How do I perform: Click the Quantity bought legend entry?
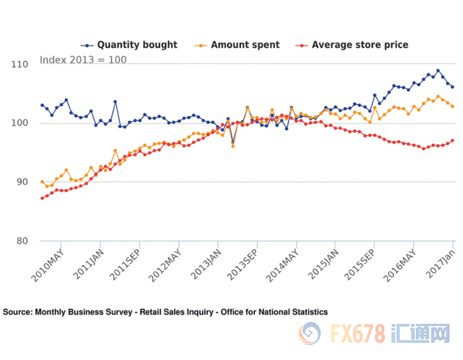pyautogui.click(x=129, y=45)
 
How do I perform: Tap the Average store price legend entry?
pyautogui.click(x=352, y=45)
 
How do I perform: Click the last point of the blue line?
pyautogui.click(x=452, y=87)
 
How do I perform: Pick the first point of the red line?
pyautogui.click(x=42, y=198)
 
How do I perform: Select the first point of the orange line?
pyautogui.click(x=42, y=181)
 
